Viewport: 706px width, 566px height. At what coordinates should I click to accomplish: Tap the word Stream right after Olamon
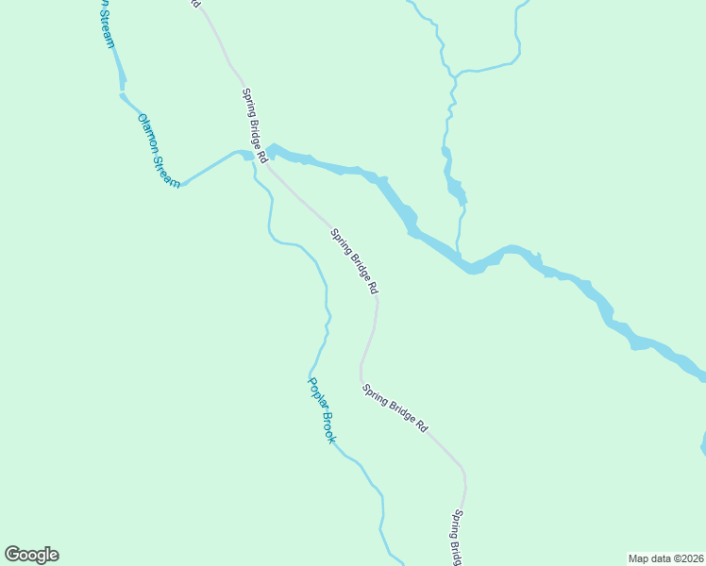click(x=167, y=168)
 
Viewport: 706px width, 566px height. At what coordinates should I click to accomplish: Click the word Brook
click(x=328, y=427)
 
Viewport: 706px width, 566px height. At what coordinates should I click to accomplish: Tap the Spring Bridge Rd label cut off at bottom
click(x=456, y=539)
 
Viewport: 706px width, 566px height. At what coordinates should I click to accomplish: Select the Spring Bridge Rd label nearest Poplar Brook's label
click(x=395, y=408)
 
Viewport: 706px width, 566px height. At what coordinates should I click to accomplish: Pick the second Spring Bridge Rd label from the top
click(x=354, y=259)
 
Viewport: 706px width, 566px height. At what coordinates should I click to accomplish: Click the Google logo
click(x=31, y=555)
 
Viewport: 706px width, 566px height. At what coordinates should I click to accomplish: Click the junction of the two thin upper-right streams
click(x=454, y=74)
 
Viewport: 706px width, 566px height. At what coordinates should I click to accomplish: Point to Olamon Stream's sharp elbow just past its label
click(x=183, y=184)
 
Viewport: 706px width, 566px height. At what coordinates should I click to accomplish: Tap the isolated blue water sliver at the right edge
click(x=702, y=443)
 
